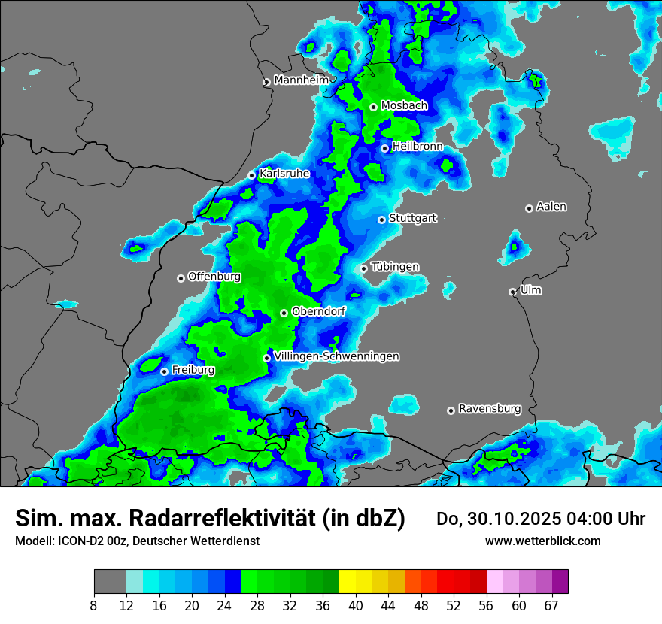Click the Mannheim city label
[x=302, y=80]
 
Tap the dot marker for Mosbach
[x=373, y=107]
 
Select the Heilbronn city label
[x=418, y=147]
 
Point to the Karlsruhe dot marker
[x=252, y=175]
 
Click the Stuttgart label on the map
[x=412, y=219]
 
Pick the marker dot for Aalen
[x=529, y=208]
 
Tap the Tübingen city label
[x=395, y=267]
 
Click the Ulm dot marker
[x=512, y=292]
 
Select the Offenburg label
[x=214, y=277]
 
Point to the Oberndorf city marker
[x=284, y=313]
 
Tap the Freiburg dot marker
[x=164, y=371]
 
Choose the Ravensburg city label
[x=490, y=409]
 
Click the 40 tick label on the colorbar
[x=355, y=606]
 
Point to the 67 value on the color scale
[x=552, y=606]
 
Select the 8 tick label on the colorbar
[x=94, y=606]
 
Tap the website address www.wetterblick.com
[x=542, y=541]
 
